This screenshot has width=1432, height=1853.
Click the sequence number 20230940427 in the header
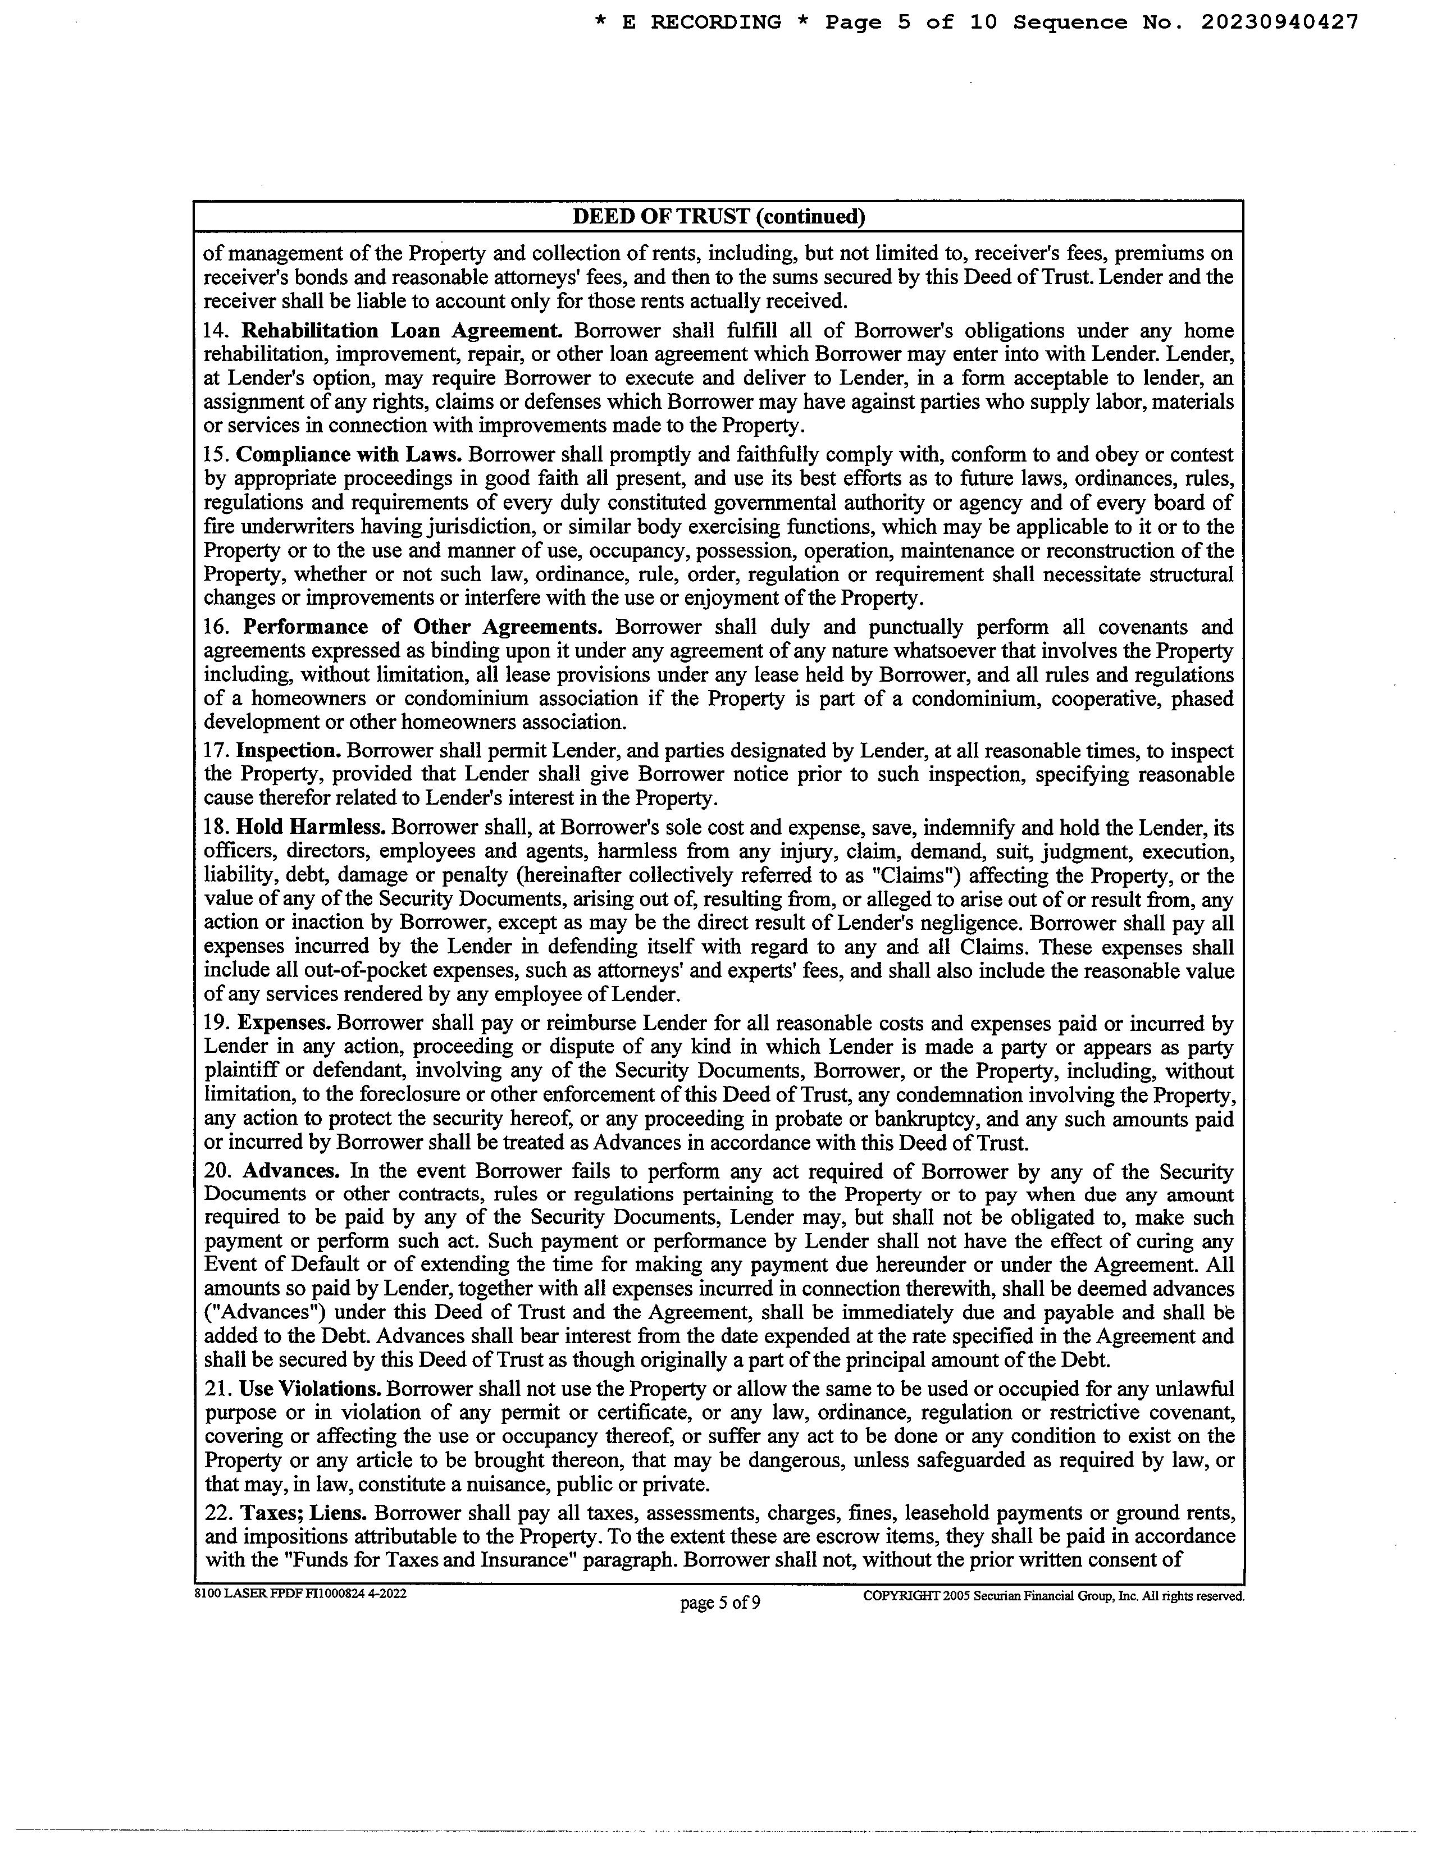1279,23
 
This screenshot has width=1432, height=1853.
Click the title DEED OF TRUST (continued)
719,216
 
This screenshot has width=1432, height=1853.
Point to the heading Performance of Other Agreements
422,627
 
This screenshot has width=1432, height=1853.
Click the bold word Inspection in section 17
289,751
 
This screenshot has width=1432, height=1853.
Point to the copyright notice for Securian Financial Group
1053,1595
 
